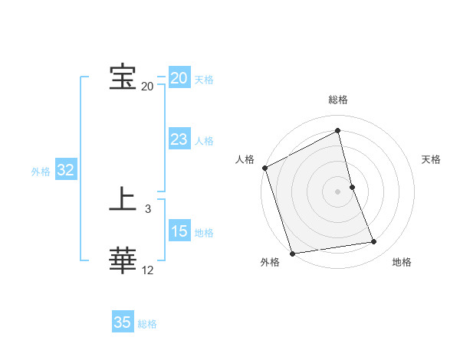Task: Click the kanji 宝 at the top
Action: [123, 77]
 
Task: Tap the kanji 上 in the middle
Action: [123, 201]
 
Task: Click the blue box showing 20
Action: [179, 78]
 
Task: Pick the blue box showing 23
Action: [179, 139]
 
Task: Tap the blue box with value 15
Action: [179, 231]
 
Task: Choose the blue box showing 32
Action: [65, 170]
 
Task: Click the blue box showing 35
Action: [123, 322]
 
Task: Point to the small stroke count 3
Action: [148, 208]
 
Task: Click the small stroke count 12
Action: [148, 270]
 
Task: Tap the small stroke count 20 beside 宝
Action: [148, 86]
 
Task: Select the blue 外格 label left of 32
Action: [41, 172]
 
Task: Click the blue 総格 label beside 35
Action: [147, 324]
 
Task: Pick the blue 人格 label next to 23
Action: [204, 141]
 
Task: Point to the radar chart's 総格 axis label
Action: [338, 100]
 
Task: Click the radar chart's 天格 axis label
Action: [431, 159]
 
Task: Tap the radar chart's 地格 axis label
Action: [402, 263]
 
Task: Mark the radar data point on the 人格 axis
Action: [265, 168]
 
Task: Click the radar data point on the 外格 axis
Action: [292, 253]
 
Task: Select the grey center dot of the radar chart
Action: [338, 191]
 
